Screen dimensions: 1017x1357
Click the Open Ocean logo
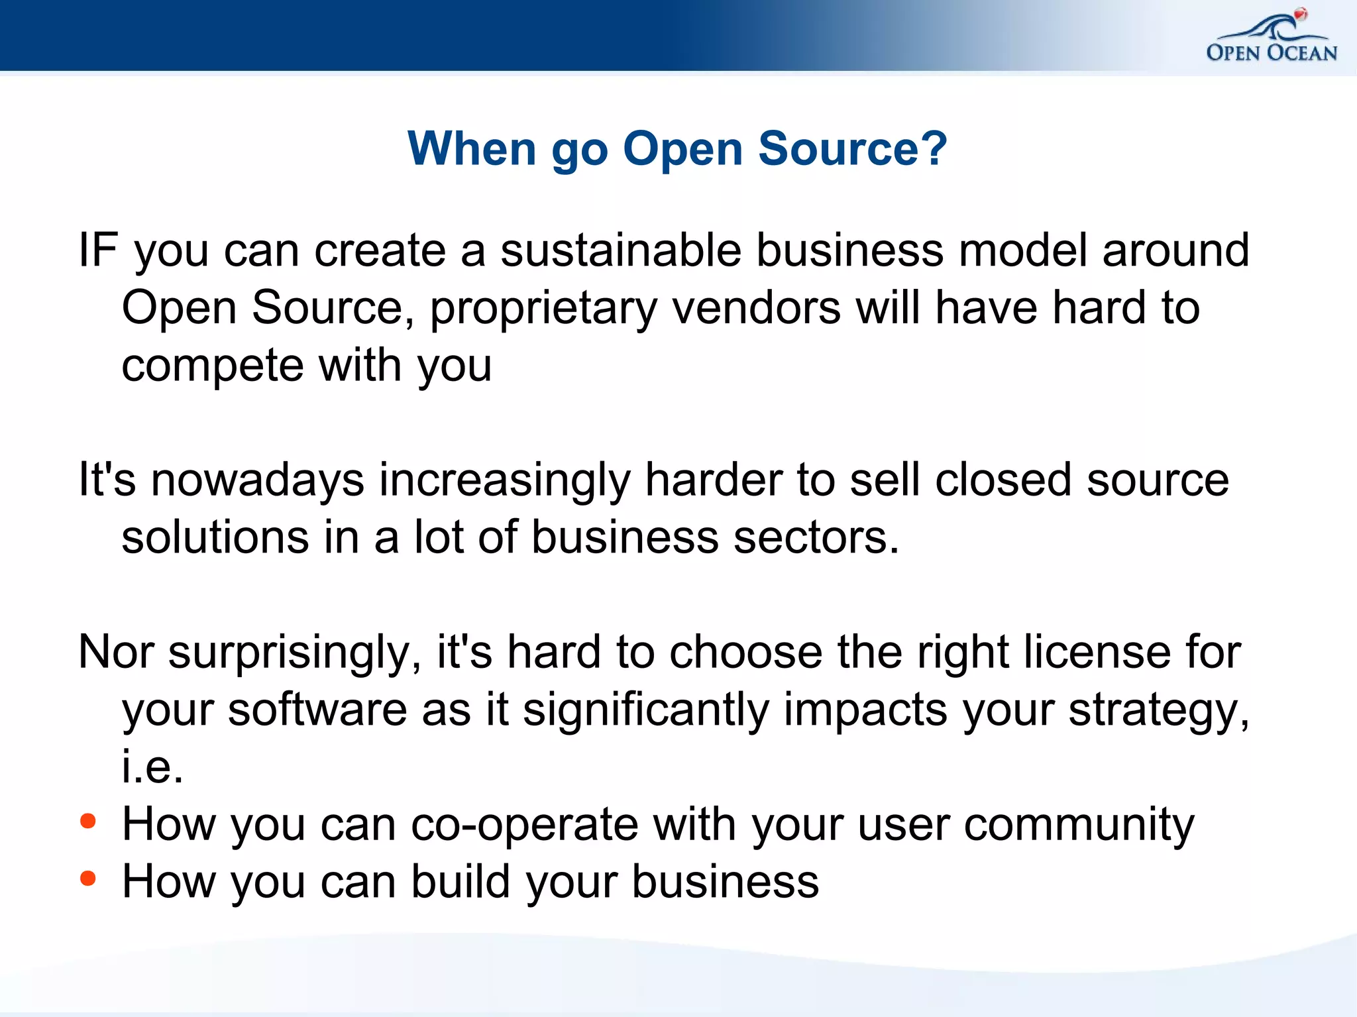pyautogui.click(x=1271, y=37)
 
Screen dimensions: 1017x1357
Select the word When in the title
pyautogui.click(x=471, y=148)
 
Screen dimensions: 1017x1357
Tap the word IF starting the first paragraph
pyautogui.click(x=98, y=250)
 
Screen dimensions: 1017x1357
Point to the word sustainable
pyautogui.click(x=620, y=250)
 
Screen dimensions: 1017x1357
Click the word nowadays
pyautogui.click(x=257, y=480)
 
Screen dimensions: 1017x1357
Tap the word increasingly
pyautogui.click(x=504, y=480)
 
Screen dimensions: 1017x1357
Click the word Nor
pyautogui.click(x=116, y=653)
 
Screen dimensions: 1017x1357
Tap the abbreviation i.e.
pyautogui.click(x=152, y=767)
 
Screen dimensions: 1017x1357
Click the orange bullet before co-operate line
pyautogui.click(x=88, y=822)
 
